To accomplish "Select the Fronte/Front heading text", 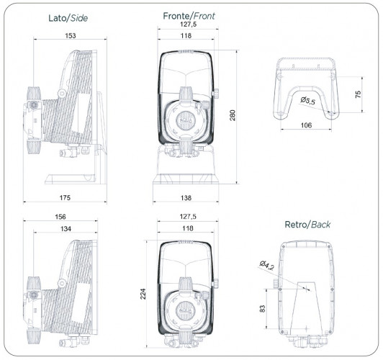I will pos(189,14).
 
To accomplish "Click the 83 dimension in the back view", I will pos(263,309).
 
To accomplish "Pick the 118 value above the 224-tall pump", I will pos(189,228).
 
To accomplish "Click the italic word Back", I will pos(320,225).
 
